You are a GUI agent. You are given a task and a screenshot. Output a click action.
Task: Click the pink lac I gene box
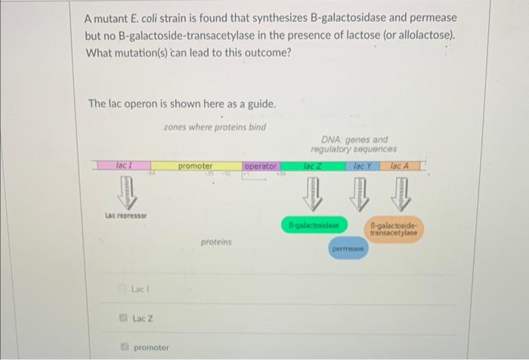(122, 165)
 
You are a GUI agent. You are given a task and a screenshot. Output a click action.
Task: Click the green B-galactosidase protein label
(313, 225)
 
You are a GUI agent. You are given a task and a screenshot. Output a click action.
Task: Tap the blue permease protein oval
(348, 247)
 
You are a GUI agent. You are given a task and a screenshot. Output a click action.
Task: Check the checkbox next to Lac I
(119, 289)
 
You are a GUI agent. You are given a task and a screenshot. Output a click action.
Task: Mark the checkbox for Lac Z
(119, 318)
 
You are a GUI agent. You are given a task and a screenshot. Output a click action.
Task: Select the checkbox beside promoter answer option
(119, 348)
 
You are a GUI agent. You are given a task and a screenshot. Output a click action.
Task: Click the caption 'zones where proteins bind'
(214, 127)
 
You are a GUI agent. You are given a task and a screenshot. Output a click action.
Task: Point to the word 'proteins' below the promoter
(216, 242)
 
